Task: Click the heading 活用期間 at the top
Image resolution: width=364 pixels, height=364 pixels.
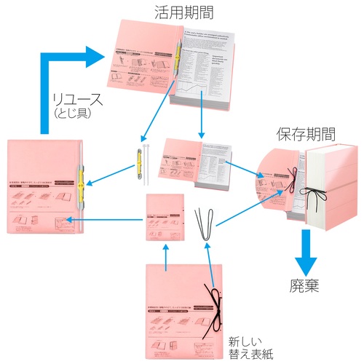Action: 182,12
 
